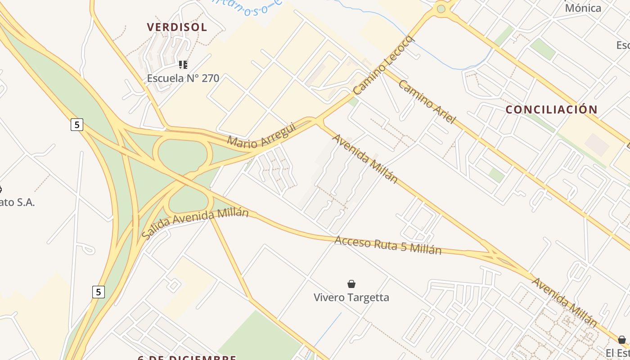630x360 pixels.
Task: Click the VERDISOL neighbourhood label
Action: click(177, 27)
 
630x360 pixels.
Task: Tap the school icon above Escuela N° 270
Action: click(183, 65)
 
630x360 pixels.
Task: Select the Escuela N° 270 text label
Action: click(183, 78)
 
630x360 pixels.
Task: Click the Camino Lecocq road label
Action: click(383, 66)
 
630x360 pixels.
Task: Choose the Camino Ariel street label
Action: click(427, 102)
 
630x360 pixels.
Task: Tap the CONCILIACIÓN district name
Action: click(551, 109)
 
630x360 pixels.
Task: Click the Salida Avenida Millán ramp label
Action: click(195, 222)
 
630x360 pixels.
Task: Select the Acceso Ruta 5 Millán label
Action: click(387, 245)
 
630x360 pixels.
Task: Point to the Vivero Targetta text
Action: click(351, 297)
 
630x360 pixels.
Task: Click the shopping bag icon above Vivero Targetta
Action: click(351, 284)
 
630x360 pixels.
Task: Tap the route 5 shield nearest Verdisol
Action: click(77, 125)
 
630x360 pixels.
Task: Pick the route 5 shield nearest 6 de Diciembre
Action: click(99, 292)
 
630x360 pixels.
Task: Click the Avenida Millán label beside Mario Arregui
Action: click(365, 158)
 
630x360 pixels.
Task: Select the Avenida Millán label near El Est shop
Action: click(564, 302)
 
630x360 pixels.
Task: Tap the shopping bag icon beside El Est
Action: click(621, 339)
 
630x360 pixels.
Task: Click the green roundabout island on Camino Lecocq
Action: click(441, 9)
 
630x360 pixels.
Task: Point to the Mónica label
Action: click(583, 8)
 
